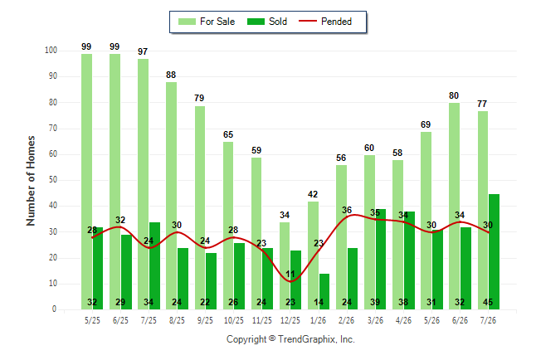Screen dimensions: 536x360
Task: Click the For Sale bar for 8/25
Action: pyautogui.click(x=171, y=196)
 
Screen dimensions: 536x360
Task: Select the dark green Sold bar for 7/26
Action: pyautogui.click(x=494, y=251)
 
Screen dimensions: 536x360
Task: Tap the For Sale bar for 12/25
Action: pyautogui.click(x=285, y=265)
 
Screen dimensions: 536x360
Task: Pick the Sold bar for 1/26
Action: pyautogui.click(x=324, y=291)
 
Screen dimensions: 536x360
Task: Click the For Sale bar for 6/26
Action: pyautogui.click(x=455, y=207)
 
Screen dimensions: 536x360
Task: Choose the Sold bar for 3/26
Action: pyautogui.click(x=381, y=259)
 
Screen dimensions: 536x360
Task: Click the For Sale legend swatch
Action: pyautogui.click(x=187, y=22)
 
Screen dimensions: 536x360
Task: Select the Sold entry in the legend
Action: pyautogui.click(x=267, y=22)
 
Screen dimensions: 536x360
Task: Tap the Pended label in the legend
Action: pyautogui.click(x=336, y=22)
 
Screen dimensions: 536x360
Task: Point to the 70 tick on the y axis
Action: pyautogui.click(x=53, y=129)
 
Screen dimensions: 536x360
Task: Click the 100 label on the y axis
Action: pyautogui.click(x=51, y=51)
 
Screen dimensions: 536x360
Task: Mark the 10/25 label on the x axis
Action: pyautogui.click(x=234, y=320)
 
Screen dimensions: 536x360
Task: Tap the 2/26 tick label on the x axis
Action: pyautogui.click(x=347, y=320)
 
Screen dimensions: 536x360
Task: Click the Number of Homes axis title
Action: pyautogui.click(x=31, y=181)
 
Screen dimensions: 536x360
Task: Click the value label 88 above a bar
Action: pyautogui.click(x=171, y=75)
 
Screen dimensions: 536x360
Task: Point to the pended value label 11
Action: pyautogui.click(x=290, y=275)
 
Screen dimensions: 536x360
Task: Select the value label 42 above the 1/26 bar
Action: pyautogui.click(x=313, y=194)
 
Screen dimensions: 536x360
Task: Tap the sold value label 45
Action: pyautogui.click(x=488, y=302)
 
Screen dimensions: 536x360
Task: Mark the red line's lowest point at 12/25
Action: pyautogui.click(x=290, y=282)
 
